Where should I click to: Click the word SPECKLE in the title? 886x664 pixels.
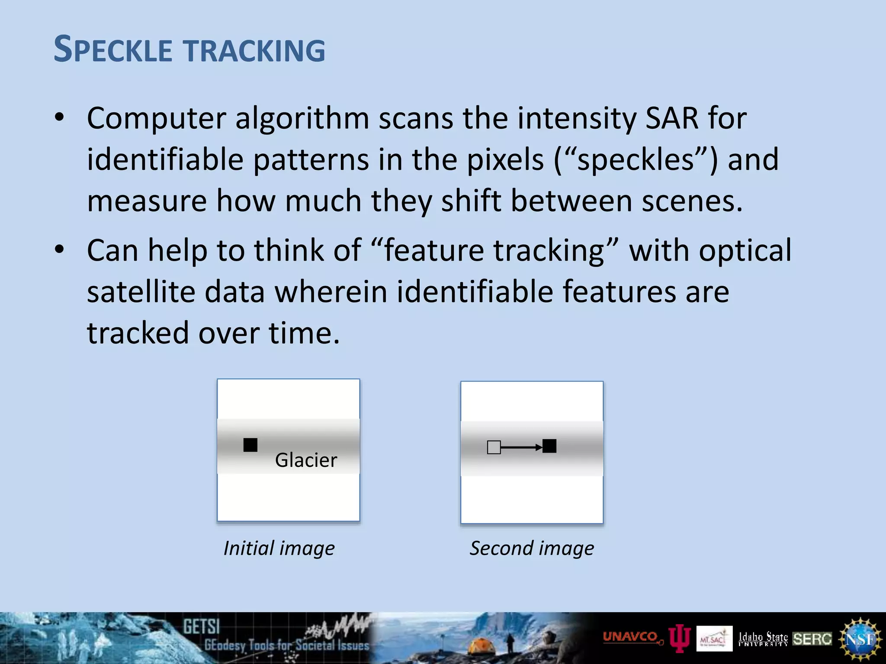113,50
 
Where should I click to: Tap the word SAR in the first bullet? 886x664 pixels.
672,118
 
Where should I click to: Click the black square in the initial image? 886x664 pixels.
250,444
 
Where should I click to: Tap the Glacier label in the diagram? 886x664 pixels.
306,460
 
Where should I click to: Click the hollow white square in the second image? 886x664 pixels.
494,447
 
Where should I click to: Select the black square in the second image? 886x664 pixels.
549,446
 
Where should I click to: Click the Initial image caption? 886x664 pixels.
279,548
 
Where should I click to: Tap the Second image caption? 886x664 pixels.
532,548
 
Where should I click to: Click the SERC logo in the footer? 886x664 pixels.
812,639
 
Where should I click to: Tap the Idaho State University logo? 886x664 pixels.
763,638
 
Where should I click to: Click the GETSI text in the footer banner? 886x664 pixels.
201,626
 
